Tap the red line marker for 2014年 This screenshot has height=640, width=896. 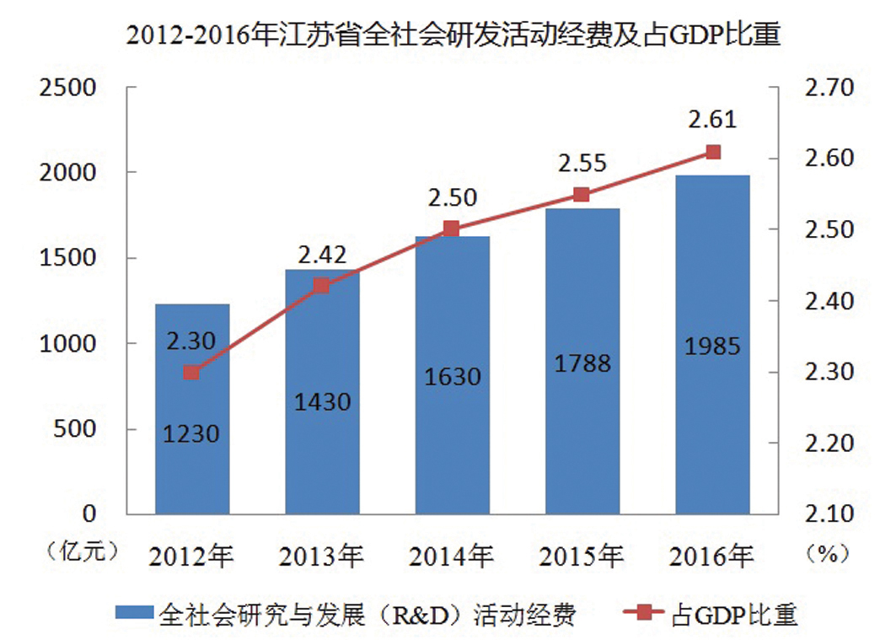451,229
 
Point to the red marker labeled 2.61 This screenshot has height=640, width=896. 713,152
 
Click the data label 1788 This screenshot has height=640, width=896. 582,363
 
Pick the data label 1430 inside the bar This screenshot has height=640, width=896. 323,402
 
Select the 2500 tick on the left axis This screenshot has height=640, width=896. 64,87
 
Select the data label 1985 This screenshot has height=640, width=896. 713,346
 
